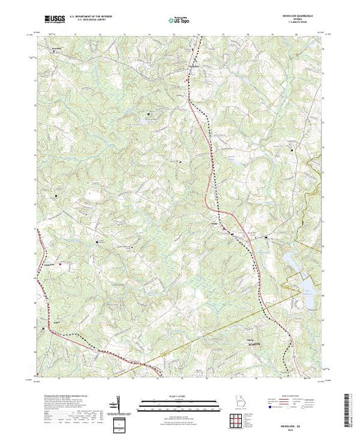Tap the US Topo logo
[x=180, y=21]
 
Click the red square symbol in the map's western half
[x=61, y=263]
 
